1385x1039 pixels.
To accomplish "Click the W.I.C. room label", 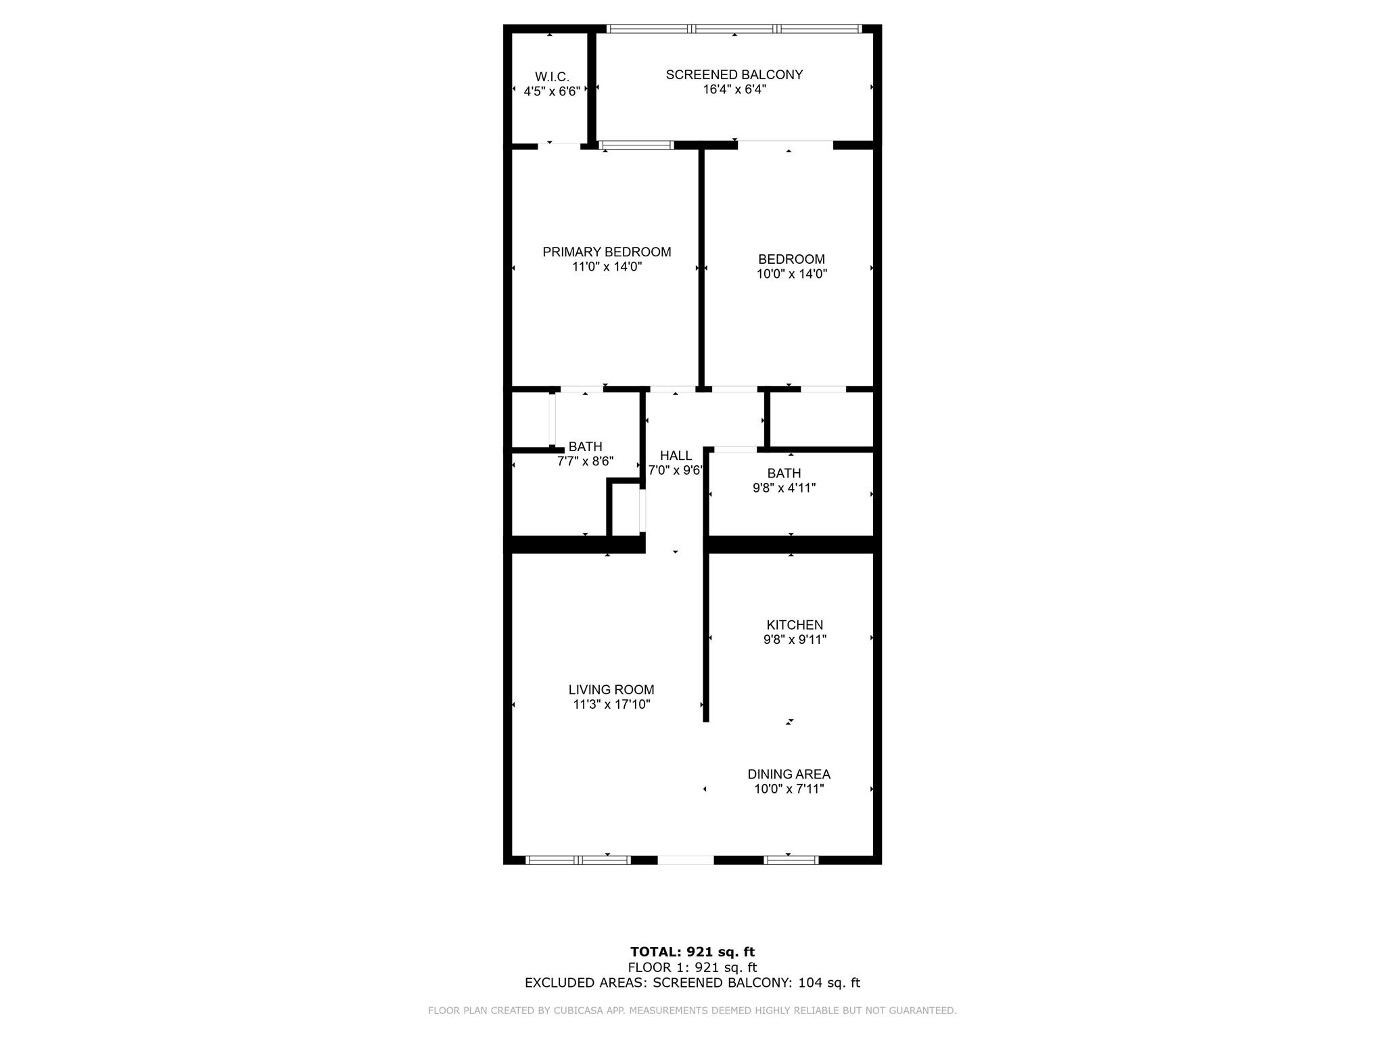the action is point(552,77).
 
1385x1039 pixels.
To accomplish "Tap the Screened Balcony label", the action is point(734,74).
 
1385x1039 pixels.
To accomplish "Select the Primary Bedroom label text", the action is point(607,252).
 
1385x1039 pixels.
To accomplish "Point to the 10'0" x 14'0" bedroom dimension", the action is point(792,274).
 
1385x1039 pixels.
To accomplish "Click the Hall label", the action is point(676,455).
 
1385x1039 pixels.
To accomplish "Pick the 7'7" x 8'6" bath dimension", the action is point(585,461).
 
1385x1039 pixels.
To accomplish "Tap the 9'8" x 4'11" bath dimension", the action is point(784,488).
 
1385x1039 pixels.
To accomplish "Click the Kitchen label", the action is point(795,624).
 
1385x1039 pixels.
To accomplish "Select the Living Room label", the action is point(611,689).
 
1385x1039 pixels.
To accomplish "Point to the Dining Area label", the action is point(789,774).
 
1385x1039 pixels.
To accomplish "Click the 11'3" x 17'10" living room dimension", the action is point(611,704).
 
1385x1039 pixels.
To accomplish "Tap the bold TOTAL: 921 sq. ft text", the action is point(692,952).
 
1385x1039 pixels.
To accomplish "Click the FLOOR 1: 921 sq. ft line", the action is point(692,967).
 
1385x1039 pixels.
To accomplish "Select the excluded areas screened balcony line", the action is point(692,983).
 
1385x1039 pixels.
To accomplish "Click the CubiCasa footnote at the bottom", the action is point(692,1011).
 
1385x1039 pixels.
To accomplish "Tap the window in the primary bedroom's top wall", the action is point(636,145).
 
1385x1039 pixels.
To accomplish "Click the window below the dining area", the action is point(791,860).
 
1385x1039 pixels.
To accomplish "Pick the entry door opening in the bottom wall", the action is point(686,860).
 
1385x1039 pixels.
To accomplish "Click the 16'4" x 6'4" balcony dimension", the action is point(734,89).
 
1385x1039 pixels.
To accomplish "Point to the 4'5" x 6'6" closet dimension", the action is point(552,91).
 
